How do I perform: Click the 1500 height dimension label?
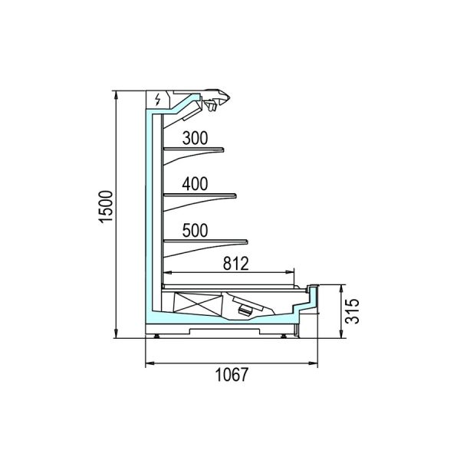point(106,207)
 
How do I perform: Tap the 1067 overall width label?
point(232,375)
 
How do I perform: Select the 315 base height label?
point(352,311)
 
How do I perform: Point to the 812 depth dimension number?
point(236,263)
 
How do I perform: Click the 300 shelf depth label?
point(195,138)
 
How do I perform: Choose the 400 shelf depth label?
point(195,184)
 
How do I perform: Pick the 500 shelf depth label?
point(195,230)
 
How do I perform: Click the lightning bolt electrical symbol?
point(158,100)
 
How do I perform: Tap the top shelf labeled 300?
point(194,150)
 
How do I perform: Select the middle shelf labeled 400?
point(200,195)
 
